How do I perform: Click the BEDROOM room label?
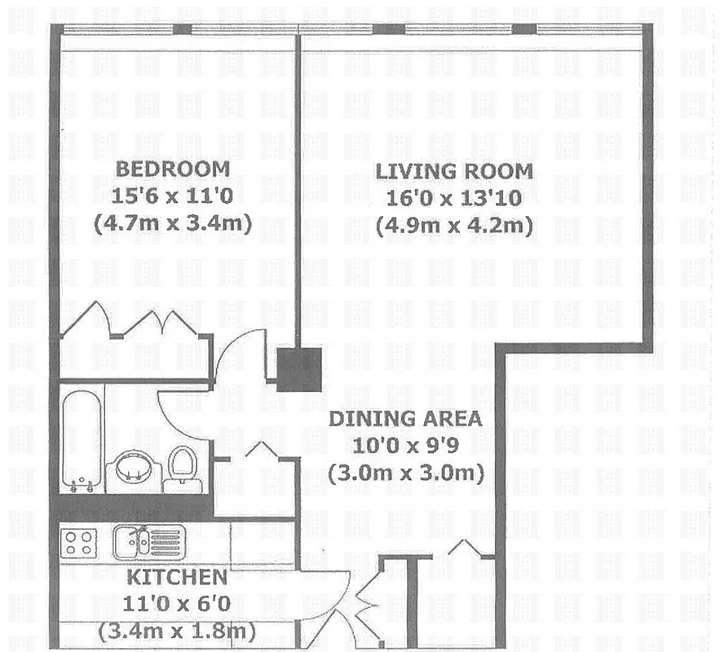tap(173, 170)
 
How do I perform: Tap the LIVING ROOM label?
tap(453, 172)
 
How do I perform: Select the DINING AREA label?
tap(404, 420)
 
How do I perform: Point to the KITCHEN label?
tap(176, 578)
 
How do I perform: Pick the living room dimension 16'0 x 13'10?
tap(454, 198)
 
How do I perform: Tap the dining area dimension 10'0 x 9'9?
tap(405, 446)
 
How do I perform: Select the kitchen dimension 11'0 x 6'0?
tap(176, 604)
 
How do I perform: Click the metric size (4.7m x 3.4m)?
tap(173, 222)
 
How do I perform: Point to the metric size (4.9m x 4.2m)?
tap(454, 224)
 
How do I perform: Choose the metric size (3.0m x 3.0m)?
tap(405, 472)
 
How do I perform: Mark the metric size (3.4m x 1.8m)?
tap(176, 630)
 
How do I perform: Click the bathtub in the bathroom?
tap(81, 440)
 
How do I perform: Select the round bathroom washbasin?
tap(133, 469)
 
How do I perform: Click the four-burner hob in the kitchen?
tap(79, 541)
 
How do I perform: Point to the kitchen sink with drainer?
tap(150, 542)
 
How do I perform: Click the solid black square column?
tap(298, 369)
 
